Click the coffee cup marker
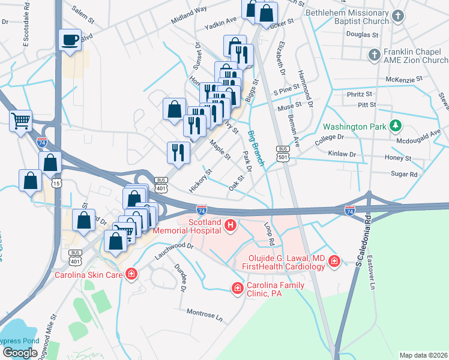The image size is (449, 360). (70, 40)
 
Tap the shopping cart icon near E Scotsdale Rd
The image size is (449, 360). (21, 121)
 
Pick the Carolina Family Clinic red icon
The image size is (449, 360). (238, 289)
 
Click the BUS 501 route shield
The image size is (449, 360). (283, 153)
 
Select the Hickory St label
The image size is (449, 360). (200, 180)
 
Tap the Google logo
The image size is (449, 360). (20, 352)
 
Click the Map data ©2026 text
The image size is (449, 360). (423, 355)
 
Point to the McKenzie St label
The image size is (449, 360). (404, 79)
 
